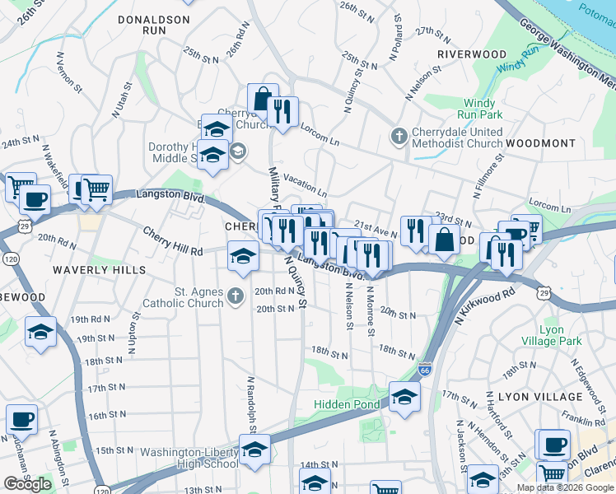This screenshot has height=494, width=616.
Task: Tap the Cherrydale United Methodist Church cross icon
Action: point(399,135)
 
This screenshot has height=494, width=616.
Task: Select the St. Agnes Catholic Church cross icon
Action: point(236,295)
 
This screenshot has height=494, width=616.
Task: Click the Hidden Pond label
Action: point(347,404)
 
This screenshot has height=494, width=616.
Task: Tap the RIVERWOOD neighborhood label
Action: point(472,54)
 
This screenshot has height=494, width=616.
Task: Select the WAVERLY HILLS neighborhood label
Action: point(99,270)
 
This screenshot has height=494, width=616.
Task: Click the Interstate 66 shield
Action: point(425,371)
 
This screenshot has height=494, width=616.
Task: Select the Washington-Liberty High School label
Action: point(189,459)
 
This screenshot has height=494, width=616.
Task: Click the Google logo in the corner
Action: point(27,484)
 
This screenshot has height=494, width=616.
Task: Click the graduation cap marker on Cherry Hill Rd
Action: point(243,255)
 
